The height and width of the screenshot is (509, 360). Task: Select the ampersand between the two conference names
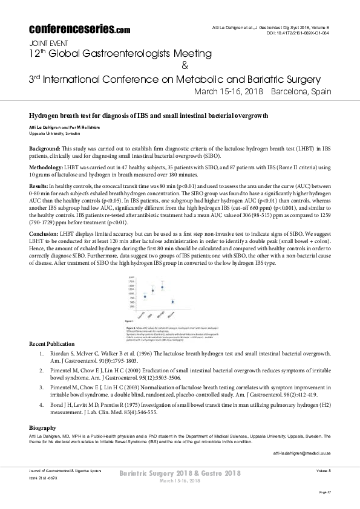185,65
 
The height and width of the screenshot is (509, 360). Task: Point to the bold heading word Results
39,187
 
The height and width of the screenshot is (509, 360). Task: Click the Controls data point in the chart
145,296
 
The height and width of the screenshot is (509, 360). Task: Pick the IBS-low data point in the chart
172,302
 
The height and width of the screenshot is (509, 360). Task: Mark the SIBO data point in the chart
153,291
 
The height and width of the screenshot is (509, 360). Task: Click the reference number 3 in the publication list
41,385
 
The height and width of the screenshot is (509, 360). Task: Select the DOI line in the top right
298,34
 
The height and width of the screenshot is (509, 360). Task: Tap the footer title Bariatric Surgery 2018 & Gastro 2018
180,473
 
